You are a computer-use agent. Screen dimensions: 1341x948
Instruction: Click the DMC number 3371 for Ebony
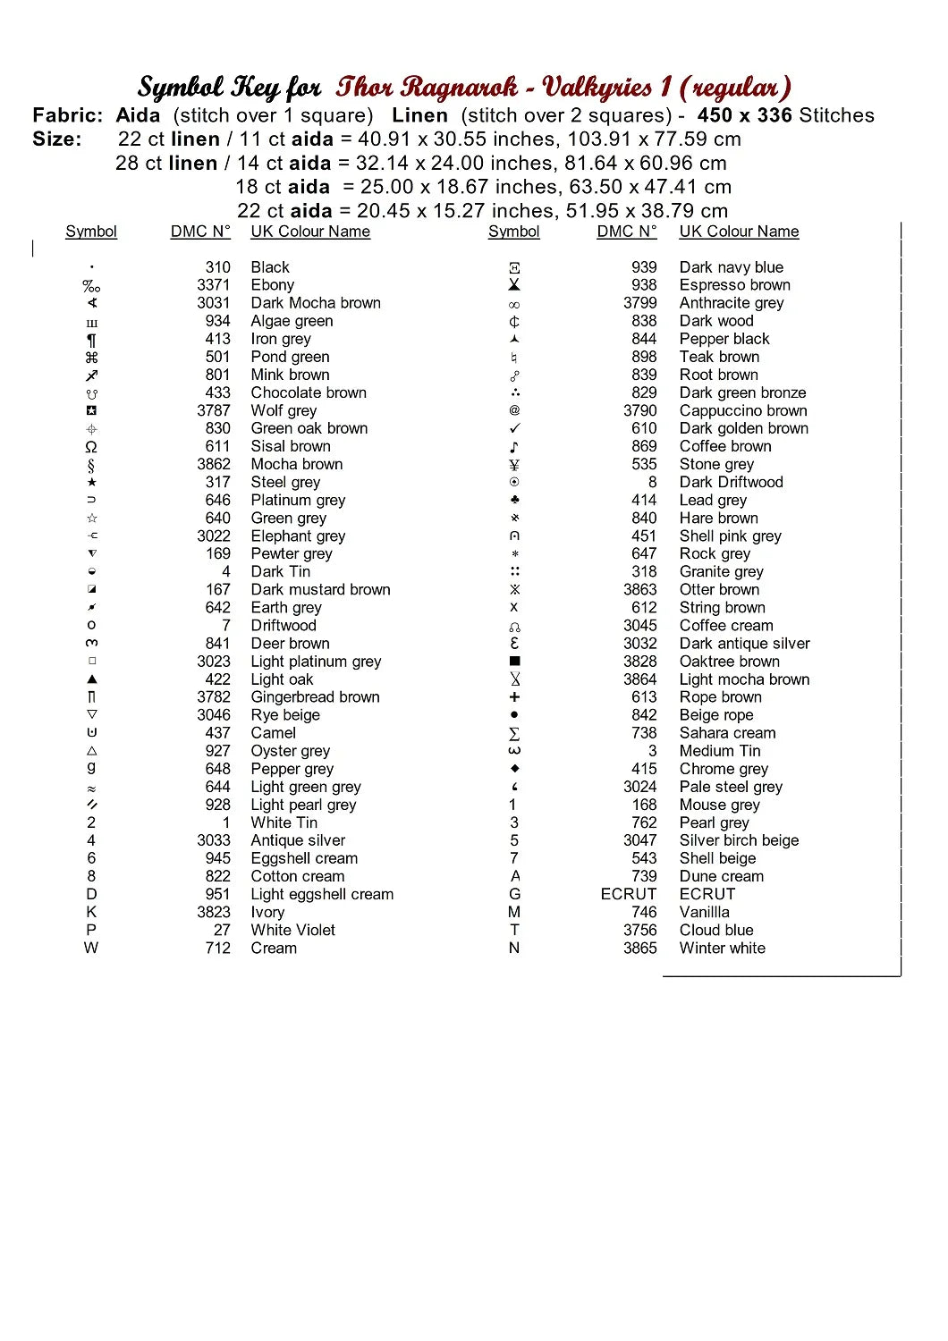pyautogui.click(x=213, y=285)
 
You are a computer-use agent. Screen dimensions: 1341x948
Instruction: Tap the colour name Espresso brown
pyautogui.click(x=734, y=285)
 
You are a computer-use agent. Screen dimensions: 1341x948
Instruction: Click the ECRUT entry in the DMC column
pyautogui.click(x=628, y=894)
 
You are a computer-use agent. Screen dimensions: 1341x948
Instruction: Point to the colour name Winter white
pyautogui.click(x=722, y=948)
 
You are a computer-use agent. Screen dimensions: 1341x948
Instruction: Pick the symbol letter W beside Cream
pyautogui.click(x=91, y=948)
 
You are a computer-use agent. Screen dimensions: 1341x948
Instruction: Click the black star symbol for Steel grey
pyautogui.click(x=92, y=482)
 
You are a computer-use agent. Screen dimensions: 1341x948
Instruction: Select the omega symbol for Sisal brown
pyautogui.click(x=91, y=447)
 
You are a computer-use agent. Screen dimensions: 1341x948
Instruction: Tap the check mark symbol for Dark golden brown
pyautogui.click(x=514, y=428)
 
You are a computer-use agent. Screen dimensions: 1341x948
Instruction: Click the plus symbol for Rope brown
pyautogui.click(x=514, y=696)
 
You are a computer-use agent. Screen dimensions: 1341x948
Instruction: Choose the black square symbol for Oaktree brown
pyautogui.click(x=514, y=661)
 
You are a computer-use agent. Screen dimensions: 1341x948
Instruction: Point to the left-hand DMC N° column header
pyautogui.click(x=200, y=232)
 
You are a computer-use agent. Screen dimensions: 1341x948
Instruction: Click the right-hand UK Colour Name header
pyautogui.click(x=739, y=232)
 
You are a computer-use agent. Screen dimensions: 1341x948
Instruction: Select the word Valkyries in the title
pyautogui.click(x=597, y=87)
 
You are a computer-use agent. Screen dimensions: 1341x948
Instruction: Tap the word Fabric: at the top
pyautogui.click(x=68, y=115)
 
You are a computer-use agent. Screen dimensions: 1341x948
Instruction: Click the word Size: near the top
pyautogui.click(x=57, y=139)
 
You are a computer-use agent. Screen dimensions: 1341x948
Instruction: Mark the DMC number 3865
pyautogui.click(x=639, y=948)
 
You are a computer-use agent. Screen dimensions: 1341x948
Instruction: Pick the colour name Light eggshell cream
pyautogui.click(x=322, y=894)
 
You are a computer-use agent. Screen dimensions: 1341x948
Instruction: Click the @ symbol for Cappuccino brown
pyautogui.click(x=514, y=410)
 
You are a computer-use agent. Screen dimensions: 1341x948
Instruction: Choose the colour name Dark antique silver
pyautogui.click(x=744, y=643)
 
